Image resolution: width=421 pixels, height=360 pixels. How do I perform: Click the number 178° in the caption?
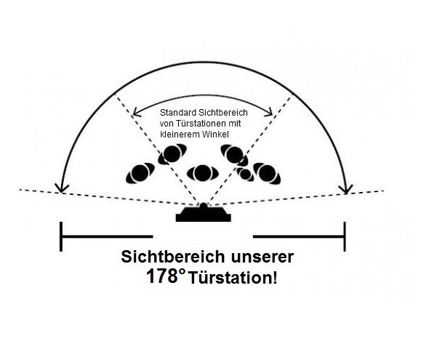(166, 276)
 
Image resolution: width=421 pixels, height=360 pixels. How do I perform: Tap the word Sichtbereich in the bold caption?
(172, 257)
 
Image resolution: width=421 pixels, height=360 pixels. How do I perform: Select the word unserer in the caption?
(262, 257)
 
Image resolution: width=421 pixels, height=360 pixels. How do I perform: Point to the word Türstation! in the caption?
(233, 278)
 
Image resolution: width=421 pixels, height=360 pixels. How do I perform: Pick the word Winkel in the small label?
(215, 135)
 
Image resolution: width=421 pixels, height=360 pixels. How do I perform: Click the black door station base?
(204, 215)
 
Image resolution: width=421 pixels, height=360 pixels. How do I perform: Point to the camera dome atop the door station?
(204, 206)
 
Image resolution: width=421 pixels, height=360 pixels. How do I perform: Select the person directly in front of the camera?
(203, 173)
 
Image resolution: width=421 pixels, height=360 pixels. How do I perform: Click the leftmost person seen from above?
(140, 173)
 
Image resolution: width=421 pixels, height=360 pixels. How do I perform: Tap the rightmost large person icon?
(267, 173)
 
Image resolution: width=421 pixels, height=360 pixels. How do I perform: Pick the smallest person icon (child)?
(245, 175)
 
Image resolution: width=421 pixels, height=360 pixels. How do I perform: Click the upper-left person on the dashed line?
(172, 154)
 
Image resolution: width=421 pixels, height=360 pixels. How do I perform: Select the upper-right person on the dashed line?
(234, 155)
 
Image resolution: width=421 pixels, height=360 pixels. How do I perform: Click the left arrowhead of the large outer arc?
(62, 188)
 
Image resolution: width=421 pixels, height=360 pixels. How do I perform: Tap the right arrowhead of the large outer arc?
(346, 189)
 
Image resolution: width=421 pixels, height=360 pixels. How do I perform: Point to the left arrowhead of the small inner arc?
(137, 113)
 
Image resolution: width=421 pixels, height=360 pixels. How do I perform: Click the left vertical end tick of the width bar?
(61, 236)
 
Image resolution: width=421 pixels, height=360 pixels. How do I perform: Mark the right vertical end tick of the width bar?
(345, 236)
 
